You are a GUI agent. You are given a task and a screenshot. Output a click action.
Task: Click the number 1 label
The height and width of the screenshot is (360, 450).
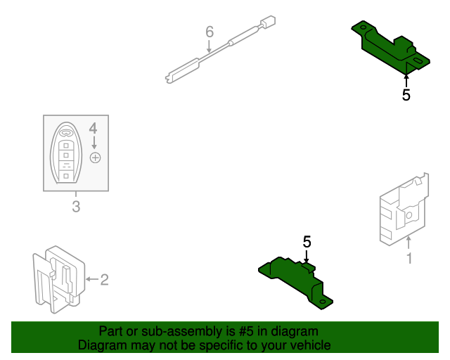pyautogui.click(x=409, y=259)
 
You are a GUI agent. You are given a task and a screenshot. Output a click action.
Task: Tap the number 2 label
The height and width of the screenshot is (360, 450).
pyautogui.click(x=104, y=280)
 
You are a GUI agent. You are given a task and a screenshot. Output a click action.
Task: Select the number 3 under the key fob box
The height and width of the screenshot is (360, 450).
pyautogui.click(x=76, y=207)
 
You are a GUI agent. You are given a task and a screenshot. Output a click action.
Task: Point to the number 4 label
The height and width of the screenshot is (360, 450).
pyautogui.click(x=93, y=128)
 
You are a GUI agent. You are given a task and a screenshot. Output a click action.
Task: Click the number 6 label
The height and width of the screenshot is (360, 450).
pyautogui.click(x=209, y=32)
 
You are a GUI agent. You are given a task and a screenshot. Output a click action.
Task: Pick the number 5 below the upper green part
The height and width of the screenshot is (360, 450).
pyautogui.click(x=406, y=95)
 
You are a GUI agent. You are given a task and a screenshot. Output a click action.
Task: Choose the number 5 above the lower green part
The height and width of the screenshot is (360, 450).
pyautogui.click(x=307, y=242)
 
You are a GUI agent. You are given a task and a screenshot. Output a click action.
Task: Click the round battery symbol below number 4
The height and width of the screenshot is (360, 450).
pyautogui.click(x=96, y=157)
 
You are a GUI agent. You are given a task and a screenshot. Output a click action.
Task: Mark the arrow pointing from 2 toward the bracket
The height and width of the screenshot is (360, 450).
pyautogui.click(x=91, y=280)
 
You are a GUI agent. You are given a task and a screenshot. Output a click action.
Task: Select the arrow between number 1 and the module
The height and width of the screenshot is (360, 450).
pyautogui.click(x=409, y=243)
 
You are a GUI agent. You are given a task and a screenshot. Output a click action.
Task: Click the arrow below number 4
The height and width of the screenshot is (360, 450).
pyautogui.click(x=94, y=143)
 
